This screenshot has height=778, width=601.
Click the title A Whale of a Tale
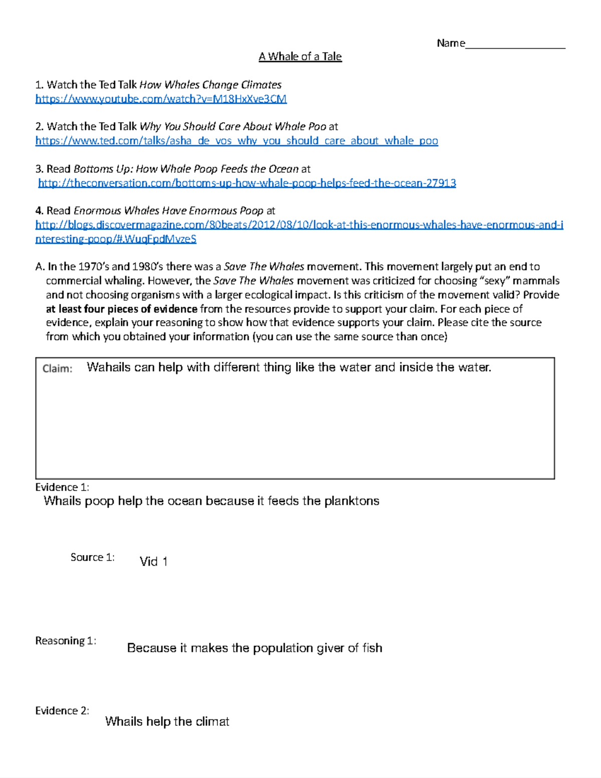(x=300, y=57)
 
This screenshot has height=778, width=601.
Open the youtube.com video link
(x=161, y=99)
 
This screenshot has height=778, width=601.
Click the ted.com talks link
(x=236, y=141)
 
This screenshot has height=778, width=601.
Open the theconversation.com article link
(x=247, y=183)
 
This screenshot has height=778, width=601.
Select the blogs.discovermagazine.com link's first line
(x=299, y=225)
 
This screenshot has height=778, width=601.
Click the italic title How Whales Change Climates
(x=210, y=85)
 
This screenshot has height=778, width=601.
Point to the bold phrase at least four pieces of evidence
(x=122, y=309)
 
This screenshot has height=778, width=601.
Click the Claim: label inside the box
(x=57, y=369)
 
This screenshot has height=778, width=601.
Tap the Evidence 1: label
(x=62, y=487)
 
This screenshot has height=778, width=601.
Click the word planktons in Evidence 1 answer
(x=352, y=501)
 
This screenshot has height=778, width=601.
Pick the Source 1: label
(x=93, y=558)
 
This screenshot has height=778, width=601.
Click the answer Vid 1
(x=153, y=562)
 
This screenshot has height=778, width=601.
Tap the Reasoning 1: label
(x=66, y=641)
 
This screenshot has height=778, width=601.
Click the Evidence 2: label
(x=62, y=710)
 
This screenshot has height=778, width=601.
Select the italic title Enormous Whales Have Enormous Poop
(x=168, y=210)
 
